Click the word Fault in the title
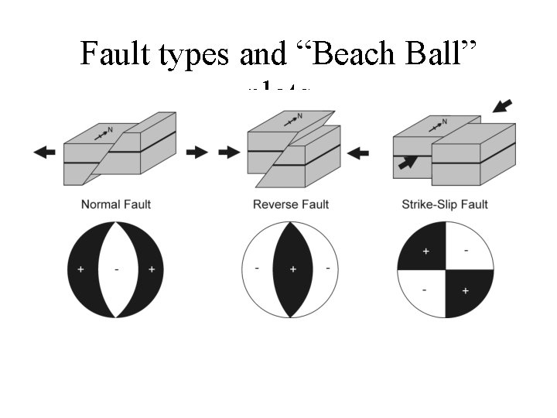click(115, 54)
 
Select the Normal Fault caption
click(116, 204)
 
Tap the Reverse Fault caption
click(291, 204)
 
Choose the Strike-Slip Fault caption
click(445, 204)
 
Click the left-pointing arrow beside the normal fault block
click(45, 152)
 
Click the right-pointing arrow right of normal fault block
click(197, 152)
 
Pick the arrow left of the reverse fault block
click(229, 152)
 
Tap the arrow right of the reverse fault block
click(357, 152)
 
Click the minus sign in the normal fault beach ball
click(116, 269)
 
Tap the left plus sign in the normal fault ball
click(80, 269)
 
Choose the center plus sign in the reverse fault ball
click(292, 269)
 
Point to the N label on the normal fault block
click(110, 129)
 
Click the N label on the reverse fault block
click(299, 117)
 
